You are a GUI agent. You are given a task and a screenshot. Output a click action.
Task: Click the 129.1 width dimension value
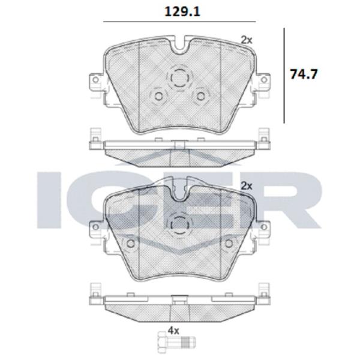pyautogui.click(x=182, y=11)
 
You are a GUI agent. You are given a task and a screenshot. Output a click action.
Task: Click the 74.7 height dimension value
pyautogui.click(x=304, y=74)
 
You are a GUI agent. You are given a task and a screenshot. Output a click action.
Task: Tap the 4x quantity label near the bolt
pyautogui.click(x=173, y=331)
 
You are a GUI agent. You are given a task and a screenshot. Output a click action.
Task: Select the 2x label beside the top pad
pyautogui.click(x=247, y=40)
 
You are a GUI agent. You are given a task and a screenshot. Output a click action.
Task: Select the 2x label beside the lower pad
pyautogui.click(x=247, y=186)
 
